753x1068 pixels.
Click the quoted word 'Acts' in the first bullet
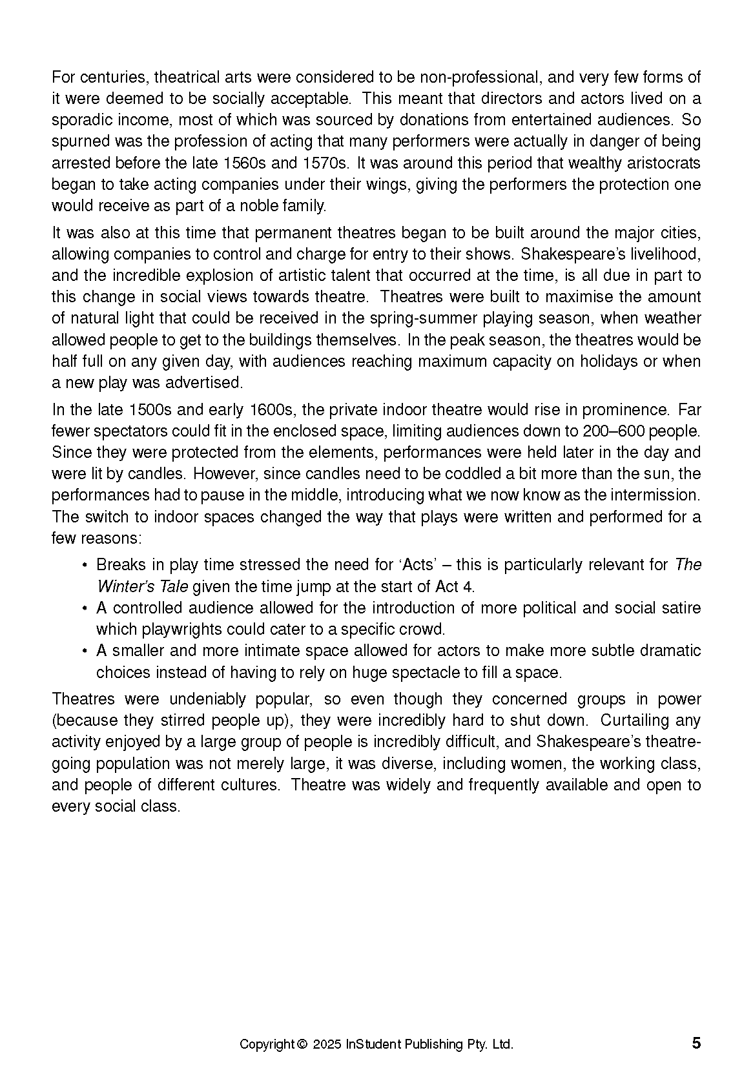coord(417,565)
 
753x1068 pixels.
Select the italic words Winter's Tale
coord(143,586)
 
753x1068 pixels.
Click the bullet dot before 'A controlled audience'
coord(85,608)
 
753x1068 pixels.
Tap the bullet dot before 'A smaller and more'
coord(85,651)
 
